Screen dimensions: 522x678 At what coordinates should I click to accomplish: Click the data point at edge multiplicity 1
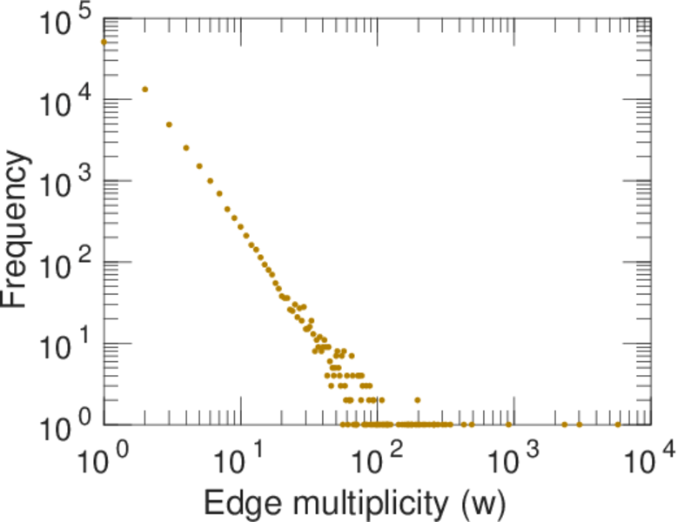[x=104, y=42]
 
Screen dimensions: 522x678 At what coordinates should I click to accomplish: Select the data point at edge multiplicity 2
[x=144, y=89]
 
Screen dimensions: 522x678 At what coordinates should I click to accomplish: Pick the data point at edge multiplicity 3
[x=169, y=124]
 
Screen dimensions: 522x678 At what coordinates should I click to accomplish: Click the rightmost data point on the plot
[x=618, y=425]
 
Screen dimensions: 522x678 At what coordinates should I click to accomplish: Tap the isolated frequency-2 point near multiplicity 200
[x=418, y=400]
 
